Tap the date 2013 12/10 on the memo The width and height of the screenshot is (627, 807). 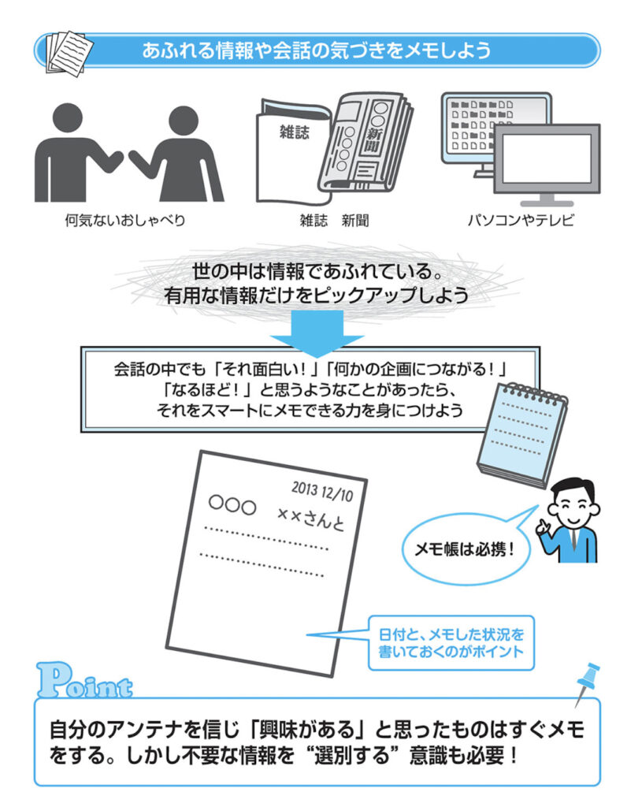point(322,491)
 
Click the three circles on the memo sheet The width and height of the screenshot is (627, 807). point(232,504)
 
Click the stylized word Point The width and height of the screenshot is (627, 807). point(85,680)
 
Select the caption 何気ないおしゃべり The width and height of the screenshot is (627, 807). point(125,221)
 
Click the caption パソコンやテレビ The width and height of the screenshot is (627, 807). point(521,221)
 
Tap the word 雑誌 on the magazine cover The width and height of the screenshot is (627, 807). point(295,132)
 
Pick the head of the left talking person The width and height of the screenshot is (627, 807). point(68,119)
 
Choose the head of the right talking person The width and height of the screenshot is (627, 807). point(183,122)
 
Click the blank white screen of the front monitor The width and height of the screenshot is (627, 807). point(546,158)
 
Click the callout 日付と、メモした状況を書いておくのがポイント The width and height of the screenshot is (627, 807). point(451,643)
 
